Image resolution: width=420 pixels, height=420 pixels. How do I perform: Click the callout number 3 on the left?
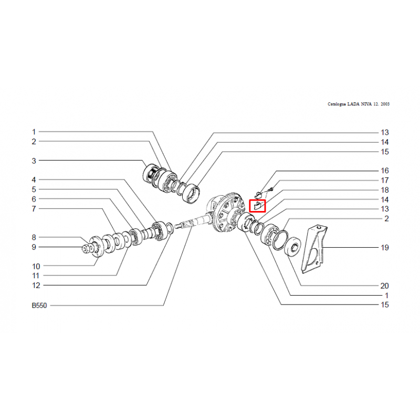tap(34, 161)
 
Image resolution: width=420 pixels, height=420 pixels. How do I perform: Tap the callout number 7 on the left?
tap(34, 209)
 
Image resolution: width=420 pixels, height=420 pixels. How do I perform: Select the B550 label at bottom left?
tap(39, 306)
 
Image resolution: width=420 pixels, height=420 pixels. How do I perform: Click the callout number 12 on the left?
tap(36, 286)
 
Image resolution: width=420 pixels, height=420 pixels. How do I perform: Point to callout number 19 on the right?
tap(385, 247)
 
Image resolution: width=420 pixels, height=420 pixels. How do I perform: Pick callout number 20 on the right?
tap(385, 286)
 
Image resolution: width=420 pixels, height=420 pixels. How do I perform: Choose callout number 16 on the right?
tap(385, 171)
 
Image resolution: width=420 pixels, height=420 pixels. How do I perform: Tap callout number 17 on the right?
tap(385, 180)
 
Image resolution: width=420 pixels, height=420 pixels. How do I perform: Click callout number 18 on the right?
tap(385, 190)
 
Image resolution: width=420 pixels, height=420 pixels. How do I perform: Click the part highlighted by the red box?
tap(257, 206)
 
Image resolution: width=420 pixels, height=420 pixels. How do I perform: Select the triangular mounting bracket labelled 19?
tap(314, 248)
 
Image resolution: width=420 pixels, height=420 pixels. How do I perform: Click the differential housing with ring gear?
tap(227, 214)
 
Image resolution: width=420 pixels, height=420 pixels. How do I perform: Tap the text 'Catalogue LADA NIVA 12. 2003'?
tap(359, 104)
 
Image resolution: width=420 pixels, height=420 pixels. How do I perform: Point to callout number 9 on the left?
tap(34, 247)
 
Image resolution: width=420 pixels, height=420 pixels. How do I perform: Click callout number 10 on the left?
tap(36, 267)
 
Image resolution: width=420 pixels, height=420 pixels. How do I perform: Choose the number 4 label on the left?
tap(34, 180)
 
